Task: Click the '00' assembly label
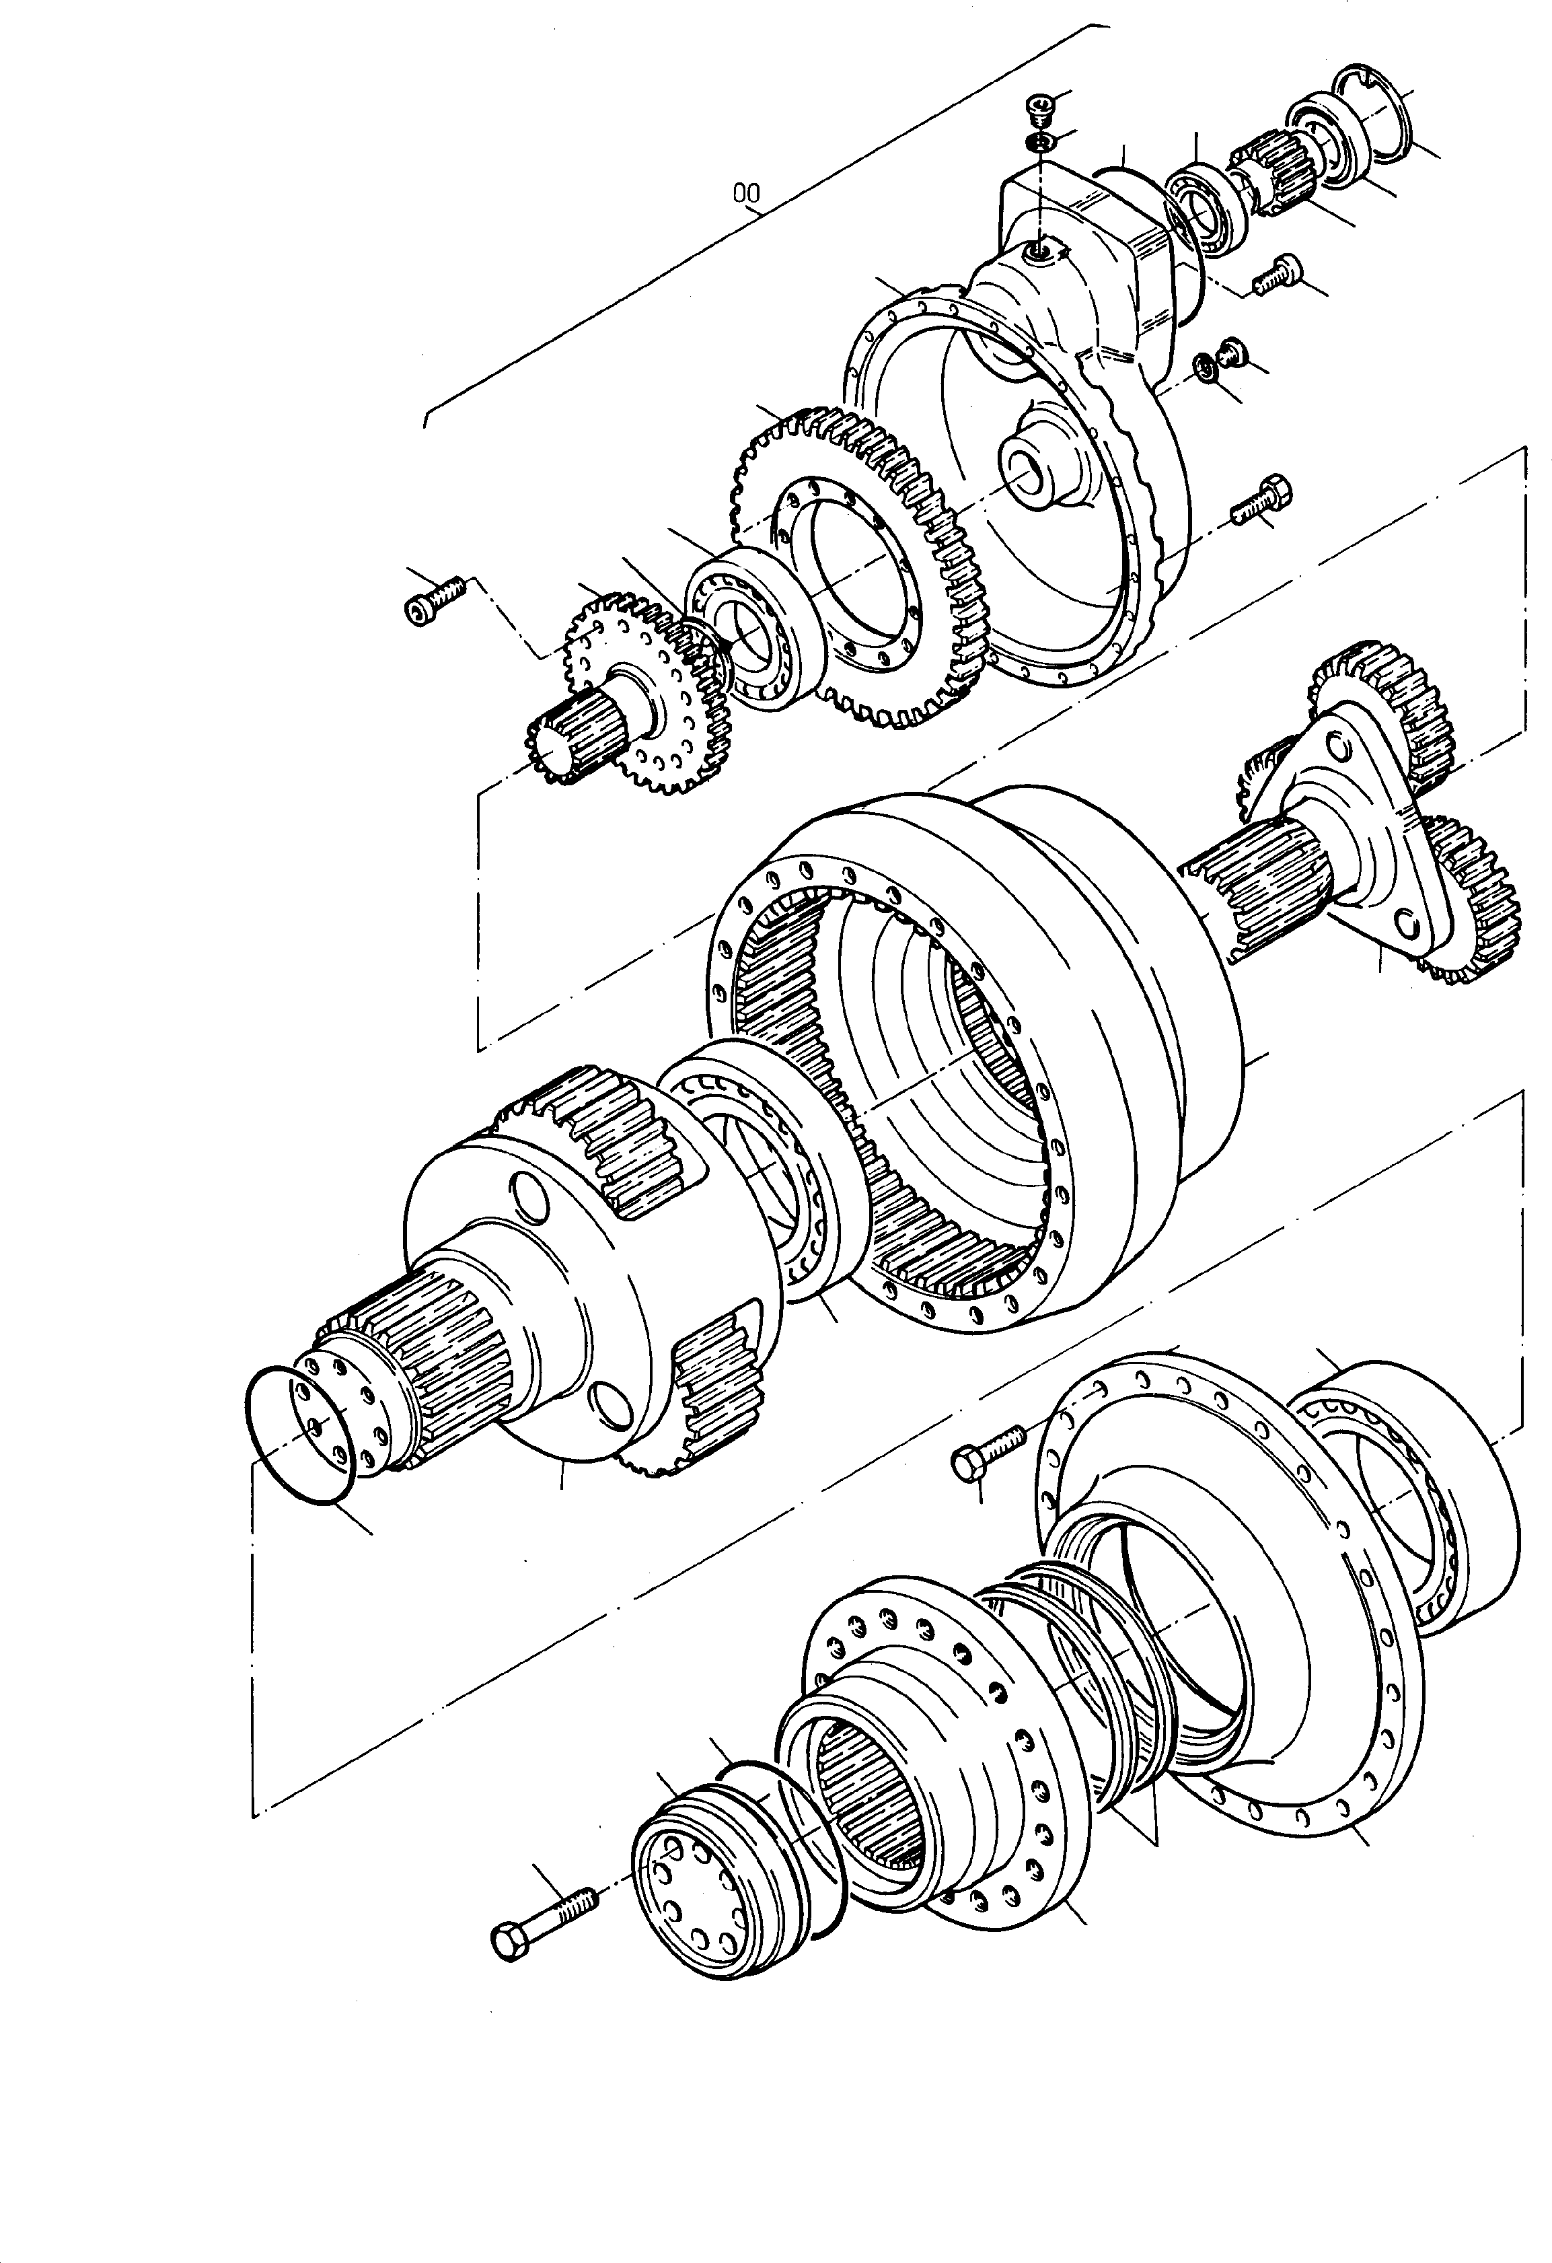pyautogui.click(x=746, y=194)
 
